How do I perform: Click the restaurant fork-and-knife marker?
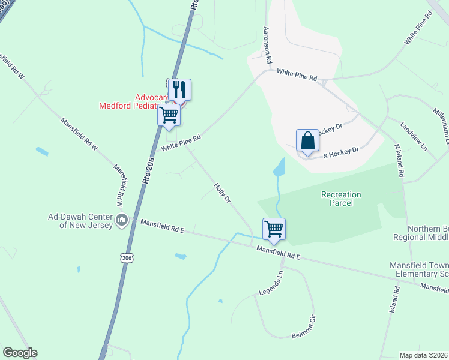(179, 90)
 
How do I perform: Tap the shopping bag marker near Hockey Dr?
(307, 141)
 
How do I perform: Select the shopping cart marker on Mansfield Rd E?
(274, 229)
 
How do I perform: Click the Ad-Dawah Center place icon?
(122, 220)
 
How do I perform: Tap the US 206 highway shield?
(126, 257)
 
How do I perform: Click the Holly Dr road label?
(223, 192)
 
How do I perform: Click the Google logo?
(20, 353)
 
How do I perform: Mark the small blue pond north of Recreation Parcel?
(279, 167)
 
